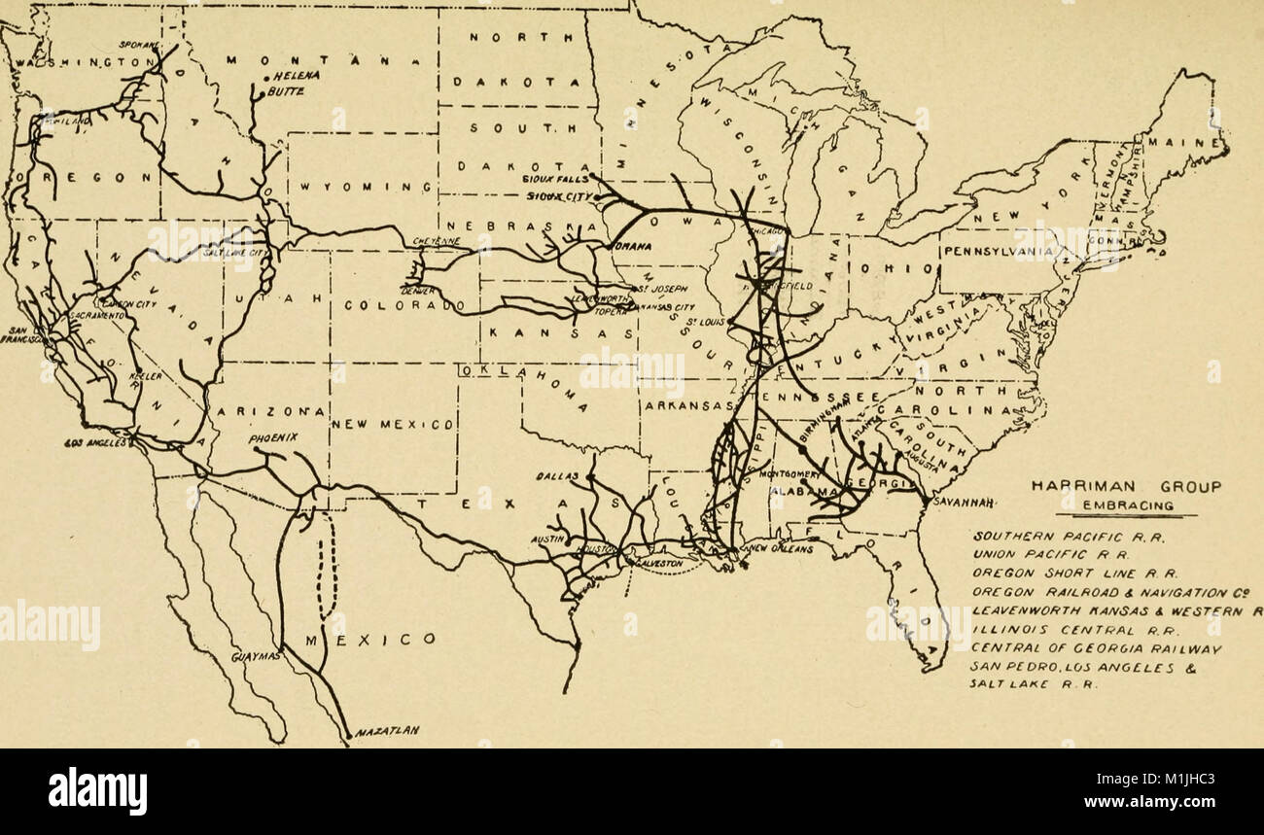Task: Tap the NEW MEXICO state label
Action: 393,425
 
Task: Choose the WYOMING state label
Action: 357,186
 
